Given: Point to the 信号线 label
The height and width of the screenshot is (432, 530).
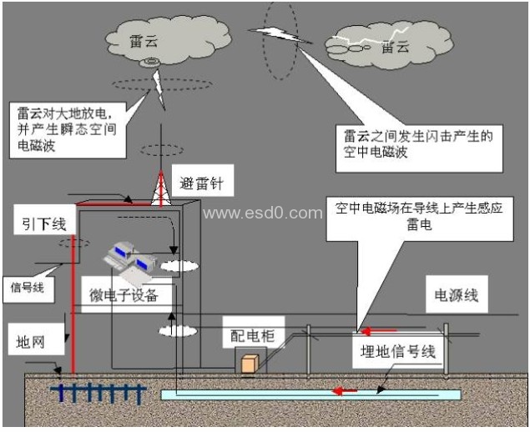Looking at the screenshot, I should tap(28, 288).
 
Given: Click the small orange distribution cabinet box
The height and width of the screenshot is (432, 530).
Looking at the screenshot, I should tap(249, 364).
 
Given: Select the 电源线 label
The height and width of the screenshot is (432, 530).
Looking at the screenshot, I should tap(456, 295).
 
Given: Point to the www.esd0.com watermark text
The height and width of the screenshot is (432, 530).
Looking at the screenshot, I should tap(262, 213).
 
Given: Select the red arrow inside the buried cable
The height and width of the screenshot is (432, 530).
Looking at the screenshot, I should tap(343, 389).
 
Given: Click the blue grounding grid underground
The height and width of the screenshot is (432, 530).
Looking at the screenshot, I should tap(97, 391).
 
